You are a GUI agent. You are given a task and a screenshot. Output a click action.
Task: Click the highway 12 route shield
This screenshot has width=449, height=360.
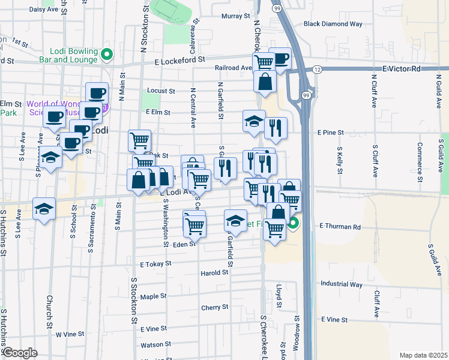[x=316, y=70]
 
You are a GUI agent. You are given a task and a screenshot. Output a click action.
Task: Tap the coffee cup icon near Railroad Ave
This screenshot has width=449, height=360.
[x=280, y=58]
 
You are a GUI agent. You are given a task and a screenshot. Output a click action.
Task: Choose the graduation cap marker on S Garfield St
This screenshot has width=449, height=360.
[x=235, y=220]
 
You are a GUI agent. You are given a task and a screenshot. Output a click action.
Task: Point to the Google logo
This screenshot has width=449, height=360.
[x=20, y=353]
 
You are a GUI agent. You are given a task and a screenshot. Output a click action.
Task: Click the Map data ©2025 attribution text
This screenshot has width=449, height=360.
[x=424, y=355]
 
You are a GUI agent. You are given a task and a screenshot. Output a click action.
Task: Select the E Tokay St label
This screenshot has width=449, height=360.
[x=155, y=264]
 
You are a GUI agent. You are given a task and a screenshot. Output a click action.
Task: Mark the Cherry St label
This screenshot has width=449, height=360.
[x=215, y=307]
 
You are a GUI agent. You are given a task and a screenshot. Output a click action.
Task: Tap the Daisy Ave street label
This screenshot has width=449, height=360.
[x=43, y=10]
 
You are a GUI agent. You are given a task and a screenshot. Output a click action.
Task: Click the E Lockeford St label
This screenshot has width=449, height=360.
[x=179, y=61]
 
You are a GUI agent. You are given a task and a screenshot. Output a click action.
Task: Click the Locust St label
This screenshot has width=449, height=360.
[x=161, y=91]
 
